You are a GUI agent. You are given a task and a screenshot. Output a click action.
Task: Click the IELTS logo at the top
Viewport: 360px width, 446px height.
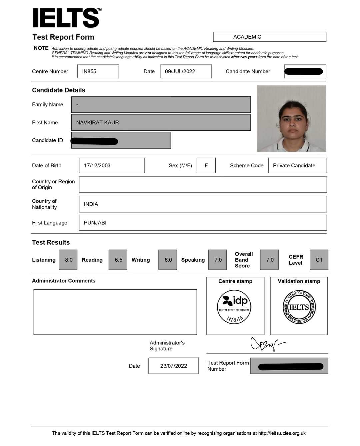pos(67,18)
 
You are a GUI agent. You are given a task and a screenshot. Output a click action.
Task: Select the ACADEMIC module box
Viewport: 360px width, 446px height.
pos(269,37)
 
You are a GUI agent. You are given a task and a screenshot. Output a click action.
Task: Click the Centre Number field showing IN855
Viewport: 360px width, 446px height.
pos(98,71)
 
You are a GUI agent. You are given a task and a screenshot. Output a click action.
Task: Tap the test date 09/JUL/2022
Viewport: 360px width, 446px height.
pos(186,71)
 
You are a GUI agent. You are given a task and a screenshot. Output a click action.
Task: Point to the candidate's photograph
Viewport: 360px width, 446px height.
pos(291,119)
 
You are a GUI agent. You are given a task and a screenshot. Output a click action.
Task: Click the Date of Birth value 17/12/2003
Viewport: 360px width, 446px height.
pos(112,165)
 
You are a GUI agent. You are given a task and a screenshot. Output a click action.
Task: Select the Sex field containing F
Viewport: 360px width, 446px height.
pos(206,165)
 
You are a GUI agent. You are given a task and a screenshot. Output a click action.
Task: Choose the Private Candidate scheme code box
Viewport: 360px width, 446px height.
pos(297,165)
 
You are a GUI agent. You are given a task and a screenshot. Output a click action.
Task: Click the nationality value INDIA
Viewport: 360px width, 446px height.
pos(91,204)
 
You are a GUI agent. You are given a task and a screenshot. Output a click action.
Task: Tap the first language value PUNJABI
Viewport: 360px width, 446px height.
pos(95,223)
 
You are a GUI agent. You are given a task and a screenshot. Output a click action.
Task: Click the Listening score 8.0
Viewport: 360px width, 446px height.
pos(68,260)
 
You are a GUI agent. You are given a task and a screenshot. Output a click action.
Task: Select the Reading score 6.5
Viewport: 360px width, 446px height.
pos(118,260)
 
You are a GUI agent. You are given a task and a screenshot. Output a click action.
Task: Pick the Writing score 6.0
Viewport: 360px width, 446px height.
pos(168,260)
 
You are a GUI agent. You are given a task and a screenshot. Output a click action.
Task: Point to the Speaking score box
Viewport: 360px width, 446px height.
pos(218,260)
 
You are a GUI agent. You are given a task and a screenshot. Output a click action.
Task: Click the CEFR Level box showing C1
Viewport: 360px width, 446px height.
pos(319,260)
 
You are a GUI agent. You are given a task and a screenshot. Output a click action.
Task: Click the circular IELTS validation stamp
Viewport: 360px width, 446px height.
pos(299,307)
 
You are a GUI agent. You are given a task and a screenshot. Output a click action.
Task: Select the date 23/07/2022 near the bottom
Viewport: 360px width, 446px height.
pos(173,366)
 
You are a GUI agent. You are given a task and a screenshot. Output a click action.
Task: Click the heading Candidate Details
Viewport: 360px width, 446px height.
pos(59,90)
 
